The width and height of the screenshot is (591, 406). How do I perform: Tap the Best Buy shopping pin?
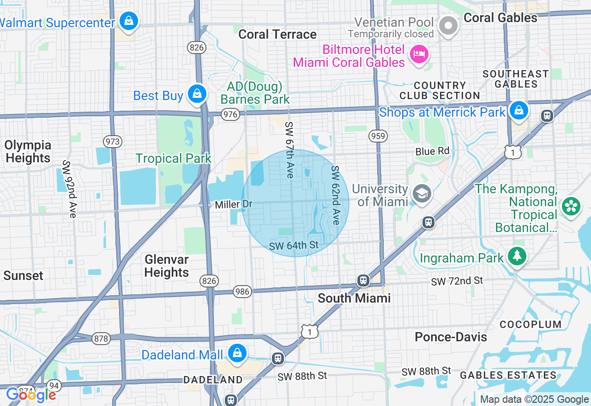(197, 94)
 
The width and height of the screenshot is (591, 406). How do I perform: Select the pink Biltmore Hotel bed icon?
(419, 54)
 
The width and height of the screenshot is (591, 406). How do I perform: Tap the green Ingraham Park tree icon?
(517, 256)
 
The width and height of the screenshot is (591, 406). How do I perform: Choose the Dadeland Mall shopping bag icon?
(237, 353)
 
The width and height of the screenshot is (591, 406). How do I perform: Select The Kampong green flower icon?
(571, 207)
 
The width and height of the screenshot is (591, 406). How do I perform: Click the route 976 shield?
(230, 114)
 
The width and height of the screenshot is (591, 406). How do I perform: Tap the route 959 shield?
(378, 136)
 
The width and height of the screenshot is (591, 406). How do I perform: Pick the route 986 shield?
(242, 291)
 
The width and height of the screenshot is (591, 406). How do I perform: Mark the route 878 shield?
(101, 339)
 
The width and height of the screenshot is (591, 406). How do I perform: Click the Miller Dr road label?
(234, 204)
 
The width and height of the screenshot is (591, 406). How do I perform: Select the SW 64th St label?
(294, 245)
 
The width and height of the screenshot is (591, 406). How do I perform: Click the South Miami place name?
(354, 298)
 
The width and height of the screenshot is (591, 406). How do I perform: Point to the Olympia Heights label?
(28, 151)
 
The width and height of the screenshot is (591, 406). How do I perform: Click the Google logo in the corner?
(31, 395)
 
